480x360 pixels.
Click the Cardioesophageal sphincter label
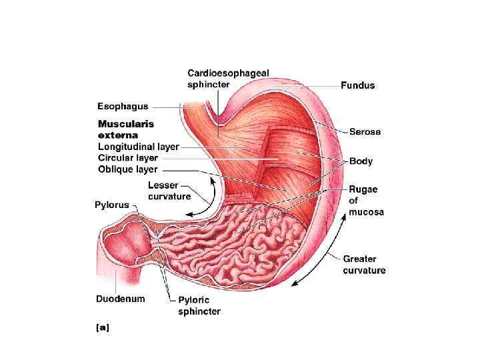228,79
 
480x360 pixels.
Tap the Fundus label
357,85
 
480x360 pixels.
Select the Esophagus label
123,106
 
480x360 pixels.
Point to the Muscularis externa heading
126,129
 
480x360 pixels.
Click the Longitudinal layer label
138,147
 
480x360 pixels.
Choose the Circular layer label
127,158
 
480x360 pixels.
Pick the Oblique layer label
127,169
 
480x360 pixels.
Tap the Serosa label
365,132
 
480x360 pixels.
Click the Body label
361,161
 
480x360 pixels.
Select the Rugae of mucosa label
363,201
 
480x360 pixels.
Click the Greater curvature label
364,265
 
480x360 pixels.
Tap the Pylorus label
111,205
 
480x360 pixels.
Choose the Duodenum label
120,299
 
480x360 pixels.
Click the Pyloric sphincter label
199,306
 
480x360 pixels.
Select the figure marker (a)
103,327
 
